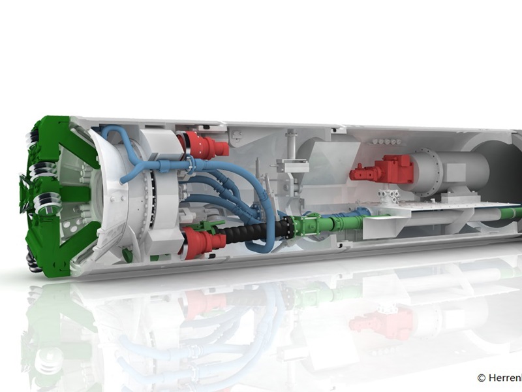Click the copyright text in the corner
[499, 378]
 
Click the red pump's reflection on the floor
[378, 321]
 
